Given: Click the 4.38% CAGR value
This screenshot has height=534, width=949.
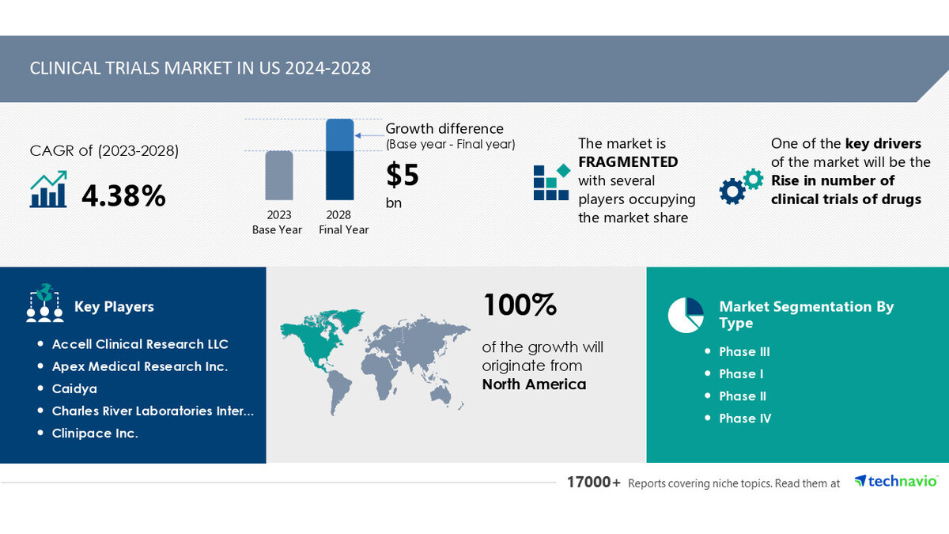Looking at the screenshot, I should [123, 195].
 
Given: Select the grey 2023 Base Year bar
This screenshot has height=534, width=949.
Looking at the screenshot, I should [278, 175].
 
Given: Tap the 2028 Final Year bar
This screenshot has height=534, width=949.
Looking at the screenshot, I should [339, 161].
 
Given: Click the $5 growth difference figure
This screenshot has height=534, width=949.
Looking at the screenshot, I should [403, 175].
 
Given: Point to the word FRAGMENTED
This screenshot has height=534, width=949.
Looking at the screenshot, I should [628, 162].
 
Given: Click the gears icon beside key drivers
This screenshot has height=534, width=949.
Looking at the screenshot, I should [740, 187].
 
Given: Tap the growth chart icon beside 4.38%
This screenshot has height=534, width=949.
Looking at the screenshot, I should [48, 190].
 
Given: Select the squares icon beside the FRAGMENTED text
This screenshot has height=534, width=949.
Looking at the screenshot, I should [550, 182].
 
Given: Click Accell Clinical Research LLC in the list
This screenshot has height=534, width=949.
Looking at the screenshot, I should [140, 344].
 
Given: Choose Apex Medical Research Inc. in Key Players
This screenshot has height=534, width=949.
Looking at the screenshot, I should [139, 366].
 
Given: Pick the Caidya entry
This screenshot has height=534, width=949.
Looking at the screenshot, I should [74, 388].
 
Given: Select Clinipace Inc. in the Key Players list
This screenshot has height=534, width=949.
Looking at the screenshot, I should [95, 433].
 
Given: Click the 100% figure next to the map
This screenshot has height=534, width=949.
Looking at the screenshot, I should [520, 305].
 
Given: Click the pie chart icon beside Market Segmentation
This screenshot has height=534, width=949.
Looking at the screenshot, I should [686, 315].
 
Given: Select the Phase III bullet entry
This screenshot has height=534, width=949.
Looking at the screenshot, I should [744, 352].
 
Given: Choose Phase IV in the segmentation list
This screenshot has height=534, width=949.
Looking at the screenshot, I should [745, 418].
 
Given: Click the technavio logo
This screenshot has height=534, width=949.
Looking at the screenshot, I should [896, 481].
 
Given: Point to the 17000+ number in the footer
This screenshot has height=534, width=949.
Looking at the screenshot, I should [593, 483].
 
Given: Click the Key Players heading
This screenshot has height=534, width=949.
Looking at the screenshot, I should [114, 307].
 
